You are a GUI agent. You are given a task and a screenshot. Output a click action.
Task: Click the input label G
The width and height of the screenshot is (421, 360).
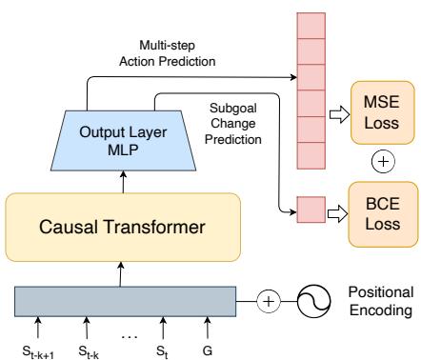208,348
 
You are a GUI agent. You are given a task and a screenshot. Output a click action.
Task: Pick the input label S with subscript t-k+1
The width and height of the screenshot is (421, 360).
38,349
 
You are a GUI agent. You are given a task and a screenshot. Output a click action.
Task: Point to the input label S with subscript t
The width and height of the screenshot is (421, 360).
163,348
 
